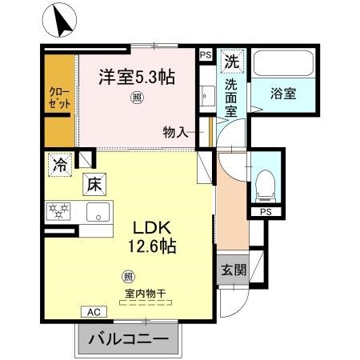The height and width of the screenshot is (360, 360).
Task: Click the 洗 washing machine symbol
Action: (x=231, y=60)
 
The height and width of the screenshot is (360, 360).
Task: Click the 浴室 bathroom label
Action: (x=282, y=93)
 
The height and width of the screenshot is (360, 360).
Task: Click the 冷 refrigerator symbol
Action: (x=59, y=165)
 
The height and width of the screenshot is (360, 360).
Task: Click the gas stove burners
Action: (x=58, y=212)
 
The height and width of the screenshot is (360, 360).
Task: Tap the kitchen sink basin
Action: (x=99, y=213)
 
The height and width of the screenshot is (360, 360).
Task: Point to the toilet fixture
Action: (x=263, y=185)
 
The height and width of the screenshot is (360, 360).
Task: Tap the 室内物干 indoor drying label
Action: (x=144, y=294)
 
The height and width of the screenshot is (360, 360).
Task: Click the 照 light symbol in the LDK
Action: (x=129, y=278)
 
